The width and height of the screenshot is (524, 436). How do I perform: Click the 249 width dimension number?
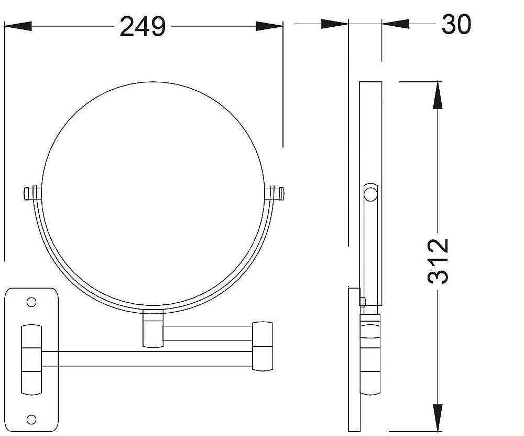point(143,27)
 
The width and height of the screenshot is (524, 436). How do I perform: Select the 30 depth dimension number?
point(456,24)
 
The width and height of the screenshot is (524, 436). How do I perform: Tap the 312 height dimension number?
point(438,261)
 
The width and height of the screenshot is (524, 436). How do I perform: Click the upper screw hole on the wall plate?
point(31,303)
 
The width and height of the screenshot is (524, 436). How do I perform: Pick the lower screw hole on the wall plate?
point(31,419)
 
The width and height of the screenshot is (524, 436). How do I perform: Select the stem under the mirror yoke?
point(153,328)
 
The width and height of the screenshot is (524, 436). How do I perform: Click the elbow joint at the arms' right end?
point(263,346)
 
